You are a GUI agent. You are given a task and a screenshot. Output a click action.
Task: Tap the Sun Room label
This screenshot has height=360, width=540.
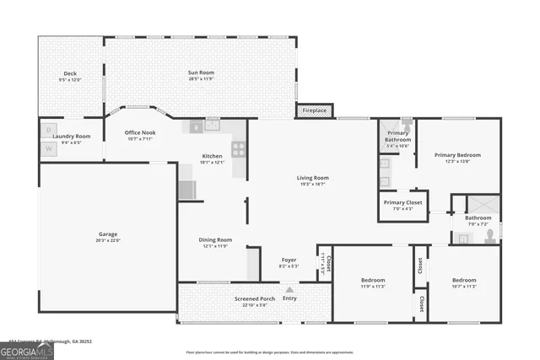(x=200, y=73)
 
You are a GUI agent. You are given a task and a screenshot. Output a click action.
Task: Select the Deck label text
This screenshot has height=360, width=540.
(x=70, y=73)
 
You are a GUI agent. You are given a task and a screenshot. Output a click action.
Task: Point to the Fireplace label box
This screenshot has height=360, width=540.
(x=314, y=110)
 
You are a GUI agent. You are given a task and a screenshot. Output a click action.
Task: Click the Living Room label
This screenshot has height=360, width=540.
(x=312, y=178)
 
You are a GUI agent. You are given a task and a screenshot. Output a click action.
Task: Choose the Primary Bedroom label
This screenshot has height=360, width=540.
(x=457, y=155)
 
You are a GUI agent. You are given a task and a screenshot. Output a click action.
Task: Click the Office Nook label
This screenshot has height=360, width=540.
(x=140, y=132)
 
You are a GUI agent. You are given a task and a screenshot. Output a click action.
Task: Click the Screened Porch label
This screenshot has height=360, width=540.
(x=255, y=299)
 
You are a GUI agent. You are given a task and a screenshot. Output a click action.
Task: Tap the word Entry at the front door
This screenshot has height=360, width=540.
(x=289, y=298)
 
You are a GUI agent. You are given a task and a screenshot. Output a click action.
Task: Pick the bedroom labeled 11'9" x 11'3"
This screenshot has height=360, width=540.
(x=373, y=280)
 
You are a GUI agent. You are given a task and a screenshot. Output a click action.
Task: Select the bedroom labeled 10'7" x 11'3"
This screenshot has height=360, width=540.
(x=463, y=280)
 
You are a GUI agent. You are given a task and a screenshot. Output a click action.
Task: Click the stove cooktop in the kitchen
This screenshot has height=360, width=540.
(x=239, y=149)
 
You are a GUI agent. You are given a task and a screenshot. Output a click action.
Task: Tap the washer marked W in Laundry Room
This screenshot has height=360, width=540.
(x=48, y=149)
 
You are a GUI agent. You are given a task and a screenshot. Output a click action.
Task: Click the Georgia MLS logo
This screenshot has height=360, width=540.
(x=26, y=348)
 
